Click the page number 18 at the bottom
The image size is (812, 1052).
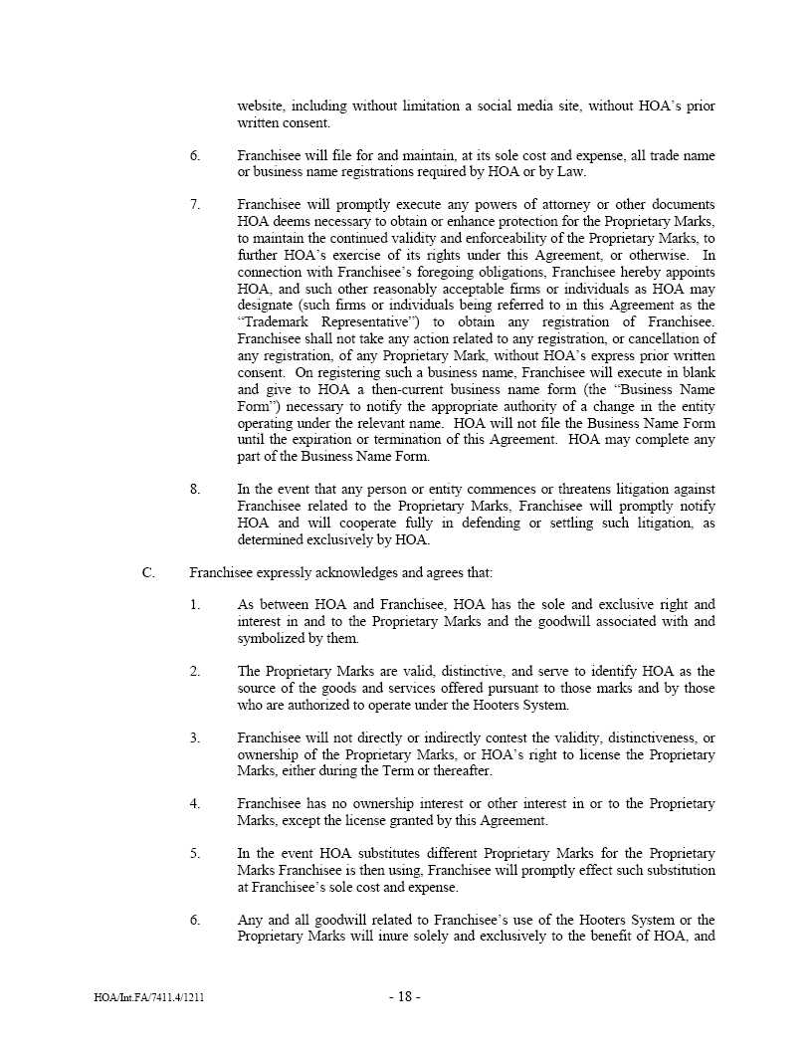point(404,997)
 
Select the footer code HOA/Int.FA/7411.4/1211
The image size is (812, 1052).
point(149,997)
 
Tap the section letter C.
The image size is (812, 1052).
point(148,572)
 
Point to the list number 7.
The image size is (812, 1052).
point(195,205)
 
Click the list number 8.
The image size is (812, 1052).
point(195,490)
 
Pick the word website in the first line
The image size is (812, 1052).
point(260,106)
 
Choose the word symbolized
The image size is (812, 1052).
point(272,639)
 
